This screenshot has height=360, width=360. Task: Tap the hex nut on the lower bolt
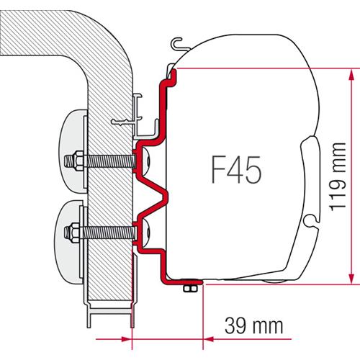(73, 232)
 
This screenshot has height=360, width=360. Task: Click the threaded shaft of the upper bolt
(108, 158)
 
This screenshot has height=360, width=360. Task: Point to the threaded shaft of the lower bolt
(108, 232)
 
